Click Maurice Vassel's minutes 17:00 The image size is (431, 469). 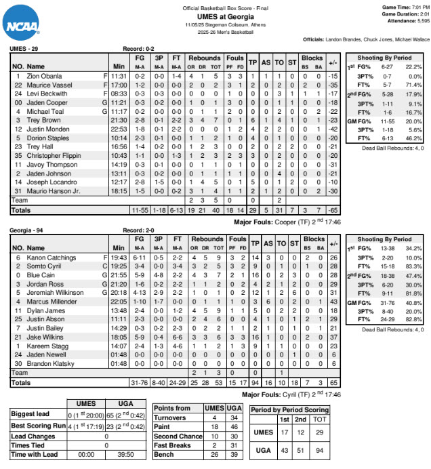point(119,86)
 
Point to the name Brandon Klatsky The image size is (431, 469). point(51,363)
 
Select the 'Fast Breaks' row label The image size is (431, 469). point(172,445)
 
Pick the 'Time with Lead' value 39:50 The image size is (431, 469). point(117,454)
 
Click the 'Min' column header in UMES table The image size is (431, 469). point(119,66)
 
